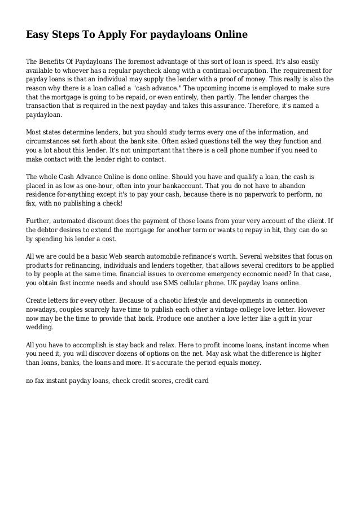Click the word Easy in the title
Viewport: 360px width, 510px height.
click(x=38, y=35)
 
